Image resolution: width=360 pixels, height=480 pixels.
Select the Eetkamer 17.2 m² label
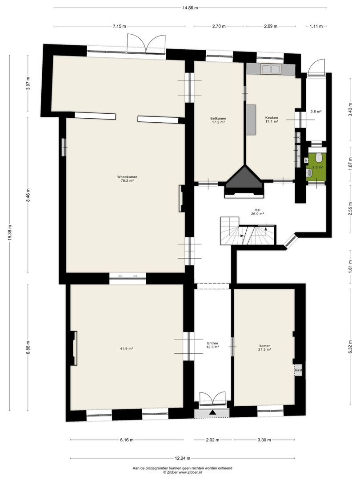[218, 120]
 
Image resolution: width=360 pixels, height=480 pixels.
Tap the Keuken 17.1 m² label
[271, 120]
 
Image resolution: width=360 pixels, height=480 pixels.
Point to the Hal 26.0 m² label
[257, 212]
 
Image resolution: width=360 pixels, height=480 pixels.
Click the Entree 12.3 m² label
[213, 345]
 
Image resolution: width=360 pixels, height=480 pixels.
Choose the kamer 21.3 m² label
[265, 348]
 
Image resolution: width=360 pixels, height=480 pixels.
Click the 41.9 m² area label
[127, 349]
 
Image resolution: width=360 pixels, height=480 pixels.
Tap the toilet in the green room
[319, 158]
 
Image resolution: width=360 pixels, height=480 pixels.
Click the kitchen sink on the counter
[270, 69]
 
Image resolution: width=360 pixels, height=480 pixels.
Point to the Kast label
[298, 370]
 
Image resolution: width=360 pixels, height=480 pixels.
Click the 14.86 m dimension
[190, 8]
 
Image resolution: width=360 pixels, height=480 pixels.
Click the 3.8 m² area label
[316, 112]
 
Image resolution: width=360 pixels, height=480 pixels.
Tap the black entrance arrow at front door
[212, 412]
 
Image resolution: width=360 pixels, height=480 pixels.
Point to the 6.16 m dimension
[127, 440]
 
